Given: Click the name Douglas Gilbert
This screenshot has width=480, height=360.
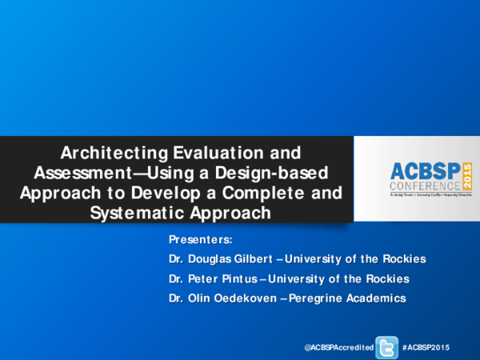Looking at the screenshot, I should click(229, 259).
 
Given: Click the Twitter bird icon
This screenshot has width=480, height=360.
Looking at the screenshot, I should click(387, 346).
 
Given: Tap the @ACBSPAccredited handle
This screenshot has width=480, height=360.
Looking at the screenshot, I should click(339, 346).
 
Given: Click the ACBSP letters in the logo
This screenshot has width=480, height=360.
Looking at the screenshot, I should click(425, 170).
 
